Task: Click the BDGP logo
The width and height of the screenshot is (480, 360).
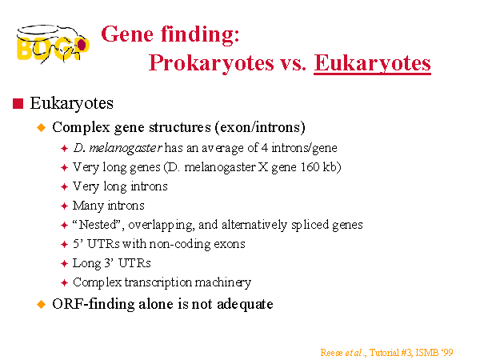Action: coord(53,44)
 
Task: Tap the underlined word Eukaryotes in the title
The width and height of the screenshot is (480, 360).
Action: coord(372,63)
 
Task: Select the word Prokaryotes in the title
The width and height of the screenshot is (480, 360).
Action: coord(211,63)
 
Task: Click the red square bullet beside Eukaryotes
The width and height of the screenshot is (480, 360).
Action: coord(18,103)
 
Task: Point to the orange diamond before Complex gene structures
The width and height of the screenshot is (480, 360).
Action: coord(41,127)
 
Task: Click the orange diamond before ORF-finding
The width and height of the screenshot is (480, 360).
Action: coord(41,304)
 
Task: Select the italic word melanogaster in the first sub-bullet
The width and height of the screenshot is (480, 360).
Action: coord(126,148)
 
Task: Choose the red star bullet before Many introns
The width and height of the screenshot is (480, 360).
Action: coord(64,206)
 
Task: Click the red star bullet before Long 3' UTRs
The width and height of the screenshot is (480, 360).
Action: coord(64,263)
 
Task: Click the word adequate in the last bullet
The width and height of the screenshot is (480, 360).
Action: coord(245,305)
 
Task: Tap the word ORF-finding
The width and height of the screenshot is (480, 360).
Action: coord(94,305)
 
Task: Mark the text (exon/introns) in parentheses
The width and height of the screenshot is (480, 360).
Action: coord(260,127)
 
